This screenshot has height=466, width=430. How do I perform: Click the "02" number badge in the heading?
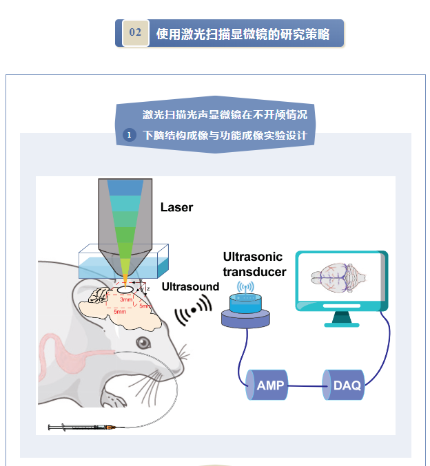136,33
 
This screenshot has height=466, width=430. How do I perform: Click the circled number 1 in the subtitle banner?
129,135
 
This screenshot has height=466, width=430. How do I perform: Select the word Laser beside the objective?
177,206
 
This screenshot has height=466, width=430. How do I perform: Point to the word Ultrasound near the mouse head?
190,286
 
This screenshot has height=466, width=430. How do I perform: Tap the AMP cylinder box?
269,385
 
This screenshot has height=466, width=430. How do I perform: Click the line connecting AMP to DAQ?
307,386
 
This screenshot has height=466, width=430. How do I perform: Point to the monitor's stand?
341,317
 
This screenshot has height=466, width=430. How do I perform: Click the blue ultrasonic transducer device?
246,306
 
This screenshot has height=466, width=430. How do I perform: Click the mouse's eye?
143,342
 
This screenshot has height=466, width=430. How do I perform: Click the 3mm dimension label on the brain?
126,299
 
